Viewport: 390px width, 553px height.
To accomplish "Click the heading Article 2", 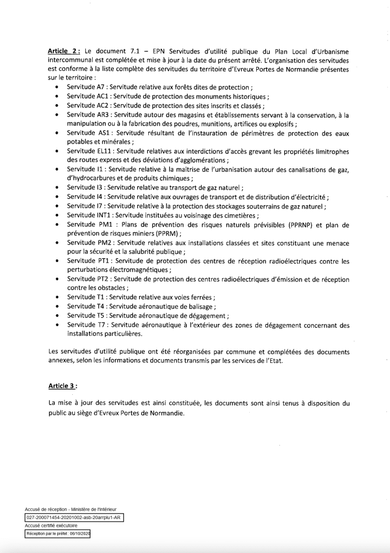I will tap(64, 51).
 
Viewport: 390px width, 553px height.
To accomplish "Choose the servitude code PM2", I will tap(105, 243).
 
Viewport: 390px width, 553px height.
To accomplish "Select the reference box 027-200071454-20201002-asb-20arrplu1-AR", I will tap(74, 517).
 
